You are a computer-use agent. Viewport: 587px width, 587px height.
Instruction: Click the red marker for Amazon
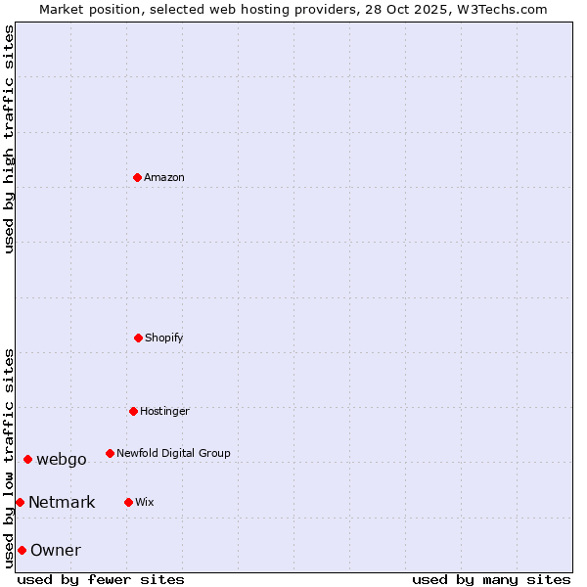pos(138,177)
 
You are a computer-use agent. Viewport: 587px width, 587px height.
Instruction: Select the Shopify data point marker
pos(138,338)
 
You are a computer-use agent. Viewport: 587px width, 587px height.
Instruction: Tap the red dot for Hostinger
pos(133,411)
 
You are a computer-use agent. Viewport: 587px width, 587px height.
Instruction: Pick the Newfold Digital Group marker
pos(110,453)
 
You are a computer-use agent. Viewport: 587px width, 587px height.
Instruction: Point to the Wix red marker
pos(128,502)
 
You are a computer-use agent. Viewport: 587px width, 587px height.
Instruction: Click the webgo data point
pos(27,459)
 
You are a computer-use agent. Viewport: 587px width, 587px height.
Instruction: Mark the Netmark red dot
pos(20,502)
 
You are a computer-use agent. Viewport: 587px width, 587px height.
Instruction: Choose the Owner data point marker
pos(22,550)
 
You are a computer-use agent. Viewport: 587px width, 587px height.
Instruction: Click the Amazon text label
pos(164,177)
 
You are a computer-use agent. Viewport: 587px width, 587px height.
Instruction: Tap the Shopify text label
pos(164,338)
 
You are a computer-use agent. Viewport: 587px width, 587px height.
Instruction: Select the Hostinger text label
pos(164,411)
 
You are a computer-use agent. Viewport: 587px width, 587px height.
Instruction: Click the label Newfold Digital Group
pos(173,453)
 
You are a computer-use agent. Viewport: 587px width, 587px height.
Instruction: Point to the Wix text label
pos(145,502)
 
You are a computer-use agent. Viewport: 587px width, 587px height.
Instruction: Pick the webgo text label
pos(62,460)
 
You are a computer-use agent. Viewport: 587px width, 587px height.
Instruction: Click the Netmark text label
pos(62,503)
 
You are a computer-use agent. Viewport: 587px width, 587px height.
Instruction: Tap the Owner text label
pos(56,551)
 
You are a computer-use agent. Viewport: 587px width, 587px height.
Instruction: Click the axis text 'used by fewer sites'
pos(101,579)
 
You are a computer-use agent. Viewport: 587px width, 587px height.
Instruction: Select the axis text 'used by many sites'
pos(491,579)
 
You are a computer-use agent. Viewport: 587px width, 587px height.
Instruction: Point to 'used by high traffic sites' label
pos(9,139)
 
